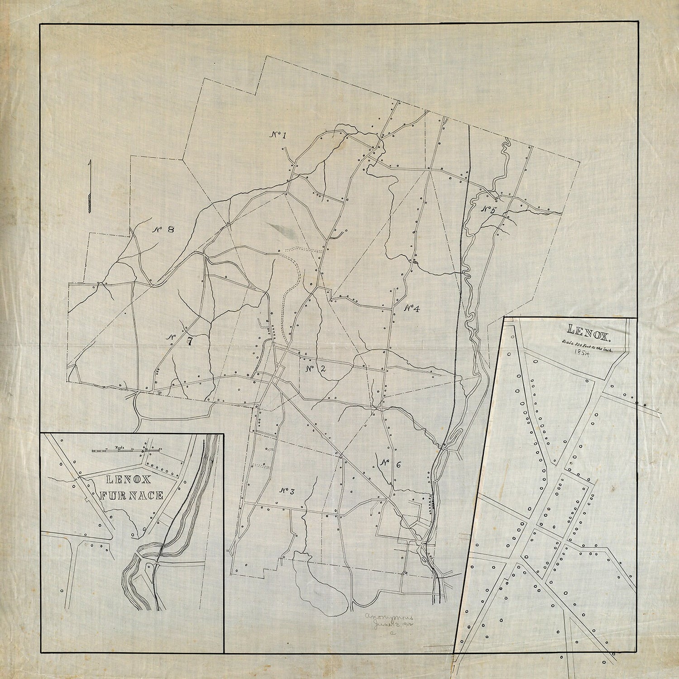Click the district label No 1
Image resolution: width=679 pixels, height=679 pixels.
click(x=279, y=134)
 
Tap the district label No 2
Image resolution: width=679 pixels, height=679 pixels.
click(x=316, y=368)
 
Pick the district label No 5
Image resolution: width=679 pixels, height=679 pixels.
click(x=488, y=210)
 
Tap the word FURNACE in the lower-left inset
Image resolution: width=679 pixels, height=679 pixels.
click(x=131, y=496)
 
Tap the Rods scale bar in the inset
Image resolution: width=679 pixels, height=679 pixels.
click(x=127, y=450)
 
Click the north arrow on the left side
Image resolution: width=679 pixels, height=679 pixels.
click(x=91, y=186)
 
